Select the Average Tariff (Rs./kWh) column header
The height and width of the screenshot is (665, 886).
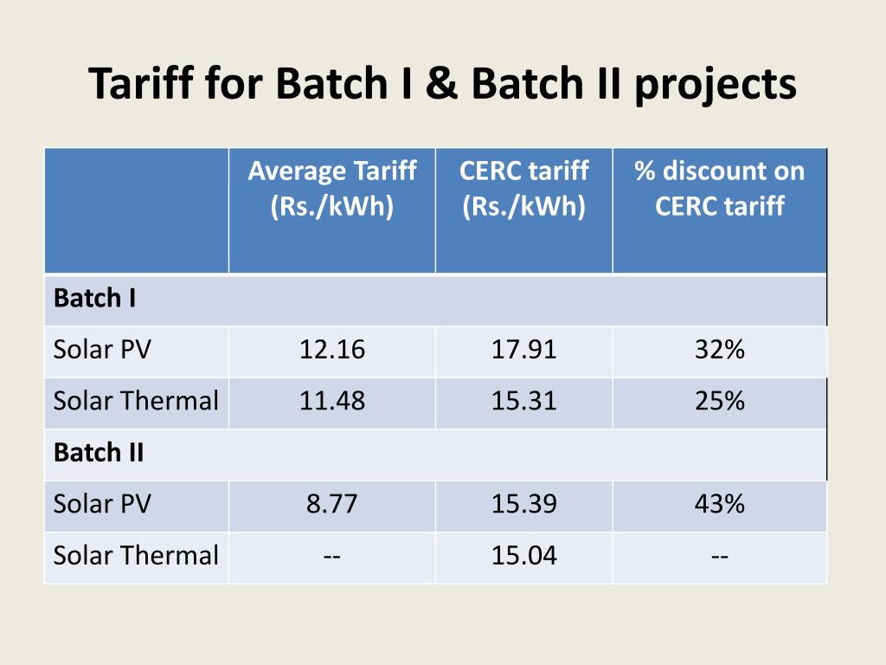click(x=332, y=189)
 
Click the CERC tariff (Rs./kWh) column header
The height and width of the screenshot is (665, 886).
click(x=524, y=189)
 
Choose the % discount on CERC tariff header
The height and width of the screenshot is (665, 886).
click(x=719, y=189)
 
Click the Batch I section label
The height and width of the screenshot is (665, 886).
click(x=94, y=299)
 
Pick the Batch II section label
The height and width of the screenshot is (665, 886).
click(x=99, y=453)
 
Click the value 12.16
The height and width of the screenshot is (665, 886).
click(x=332, y=350)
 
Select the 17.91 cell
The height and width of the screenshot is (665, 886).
click(x=524, y=350)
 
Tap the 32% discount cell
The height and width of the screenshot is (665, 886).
click(x=719, y=350)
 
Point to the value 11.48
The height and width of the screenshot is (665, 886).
click(x=332, y=401)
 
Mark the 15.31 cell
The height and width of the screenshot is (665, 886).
click(x=524, y=401)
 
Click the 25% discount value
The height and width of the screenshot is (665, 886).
click(x=719, y=401)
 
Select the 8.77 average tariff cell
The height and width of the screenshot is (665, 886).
click(x=332, y=504)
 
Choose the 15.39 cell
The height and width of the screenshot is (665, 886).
click(x=524, y=504)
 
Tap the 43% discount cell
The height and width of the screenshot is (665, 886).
click(x=719, y=504)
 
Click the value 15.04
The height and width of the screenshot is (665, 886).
click(x=524, y=555)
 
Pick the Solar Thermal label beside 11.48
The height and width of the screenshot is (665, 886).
click(x=136, y=401)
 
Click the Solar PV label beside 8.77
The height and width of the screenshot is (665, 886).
click(x=102, y=504)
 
